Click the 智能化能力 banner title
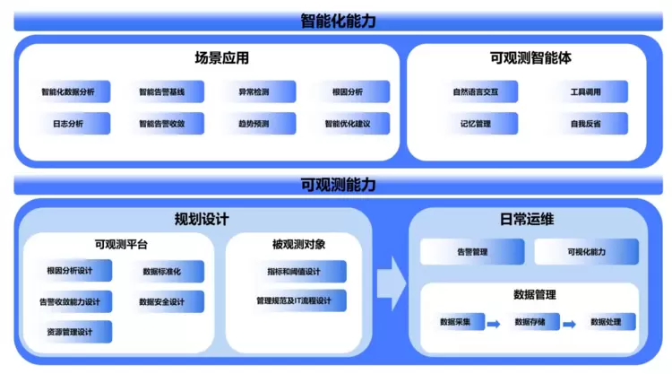338,20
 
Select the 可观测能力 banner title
338,185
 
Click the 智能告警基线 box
162,91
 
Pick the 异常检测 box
254,91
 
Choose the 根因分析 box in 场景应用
348,91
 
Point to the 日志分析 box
68,123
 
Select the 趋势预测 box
254,123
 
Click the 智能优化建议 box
348,123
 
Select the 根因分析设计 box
70,271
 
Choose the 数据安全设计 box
162,301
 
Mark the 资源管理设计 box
70,332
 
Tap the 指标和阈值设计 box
294,271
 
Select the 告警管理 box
472,252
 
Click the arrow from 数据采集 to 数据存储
493,323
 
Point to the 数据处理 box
612,322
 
